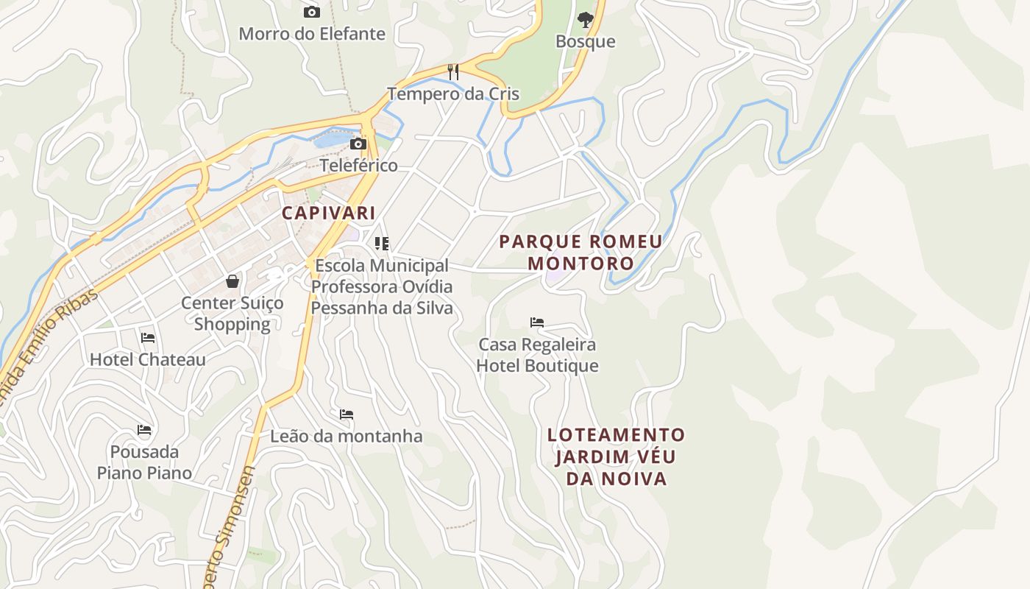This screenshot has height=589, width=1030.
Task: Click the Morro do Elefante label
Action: (312, 34)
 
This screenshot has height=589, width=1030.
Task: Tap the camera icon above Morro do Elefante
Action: (312, 12)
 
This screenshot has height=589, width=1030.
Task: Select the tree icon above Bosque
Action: (585, 19)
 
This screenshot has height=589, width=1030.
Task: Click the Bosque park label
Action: (585, 41)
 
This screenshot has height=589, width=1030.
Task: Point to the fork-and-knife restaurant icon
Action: (453, 71)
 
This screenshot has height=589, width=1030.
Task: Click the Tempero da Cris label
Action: (453, 94)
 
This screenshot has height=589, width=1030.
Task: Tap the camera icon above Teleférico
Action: (358, 144)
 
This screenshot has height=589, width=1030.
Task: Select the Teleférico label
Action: (358, 165)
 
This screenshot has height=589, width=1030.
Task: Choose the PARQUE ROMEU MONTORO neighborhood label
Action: (580, 252)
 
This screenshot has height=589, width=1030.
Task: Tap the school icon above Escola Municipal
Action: (381, 243)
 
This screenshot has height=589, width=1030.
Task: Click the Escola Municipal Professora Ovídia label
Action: (381, 286)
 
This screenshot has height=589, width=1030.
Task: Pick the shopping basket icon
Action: (232, 281)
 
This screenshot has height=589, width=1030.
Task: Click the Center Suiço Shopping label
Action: (232, 313)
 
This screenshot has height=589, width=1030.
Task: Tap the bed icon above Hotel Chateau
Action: (148, 338)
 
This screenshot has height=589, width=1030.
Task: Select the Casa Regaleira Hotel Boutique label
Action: (537, 355)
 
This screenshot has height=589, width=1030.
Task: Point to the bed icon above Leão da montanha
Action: (347, 415)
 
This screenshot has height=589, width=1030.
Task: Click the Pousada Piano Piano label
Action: (144, 462)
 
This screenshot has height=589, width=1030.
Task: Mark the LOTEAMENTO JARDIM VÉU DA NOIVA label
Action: (616, 456)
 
